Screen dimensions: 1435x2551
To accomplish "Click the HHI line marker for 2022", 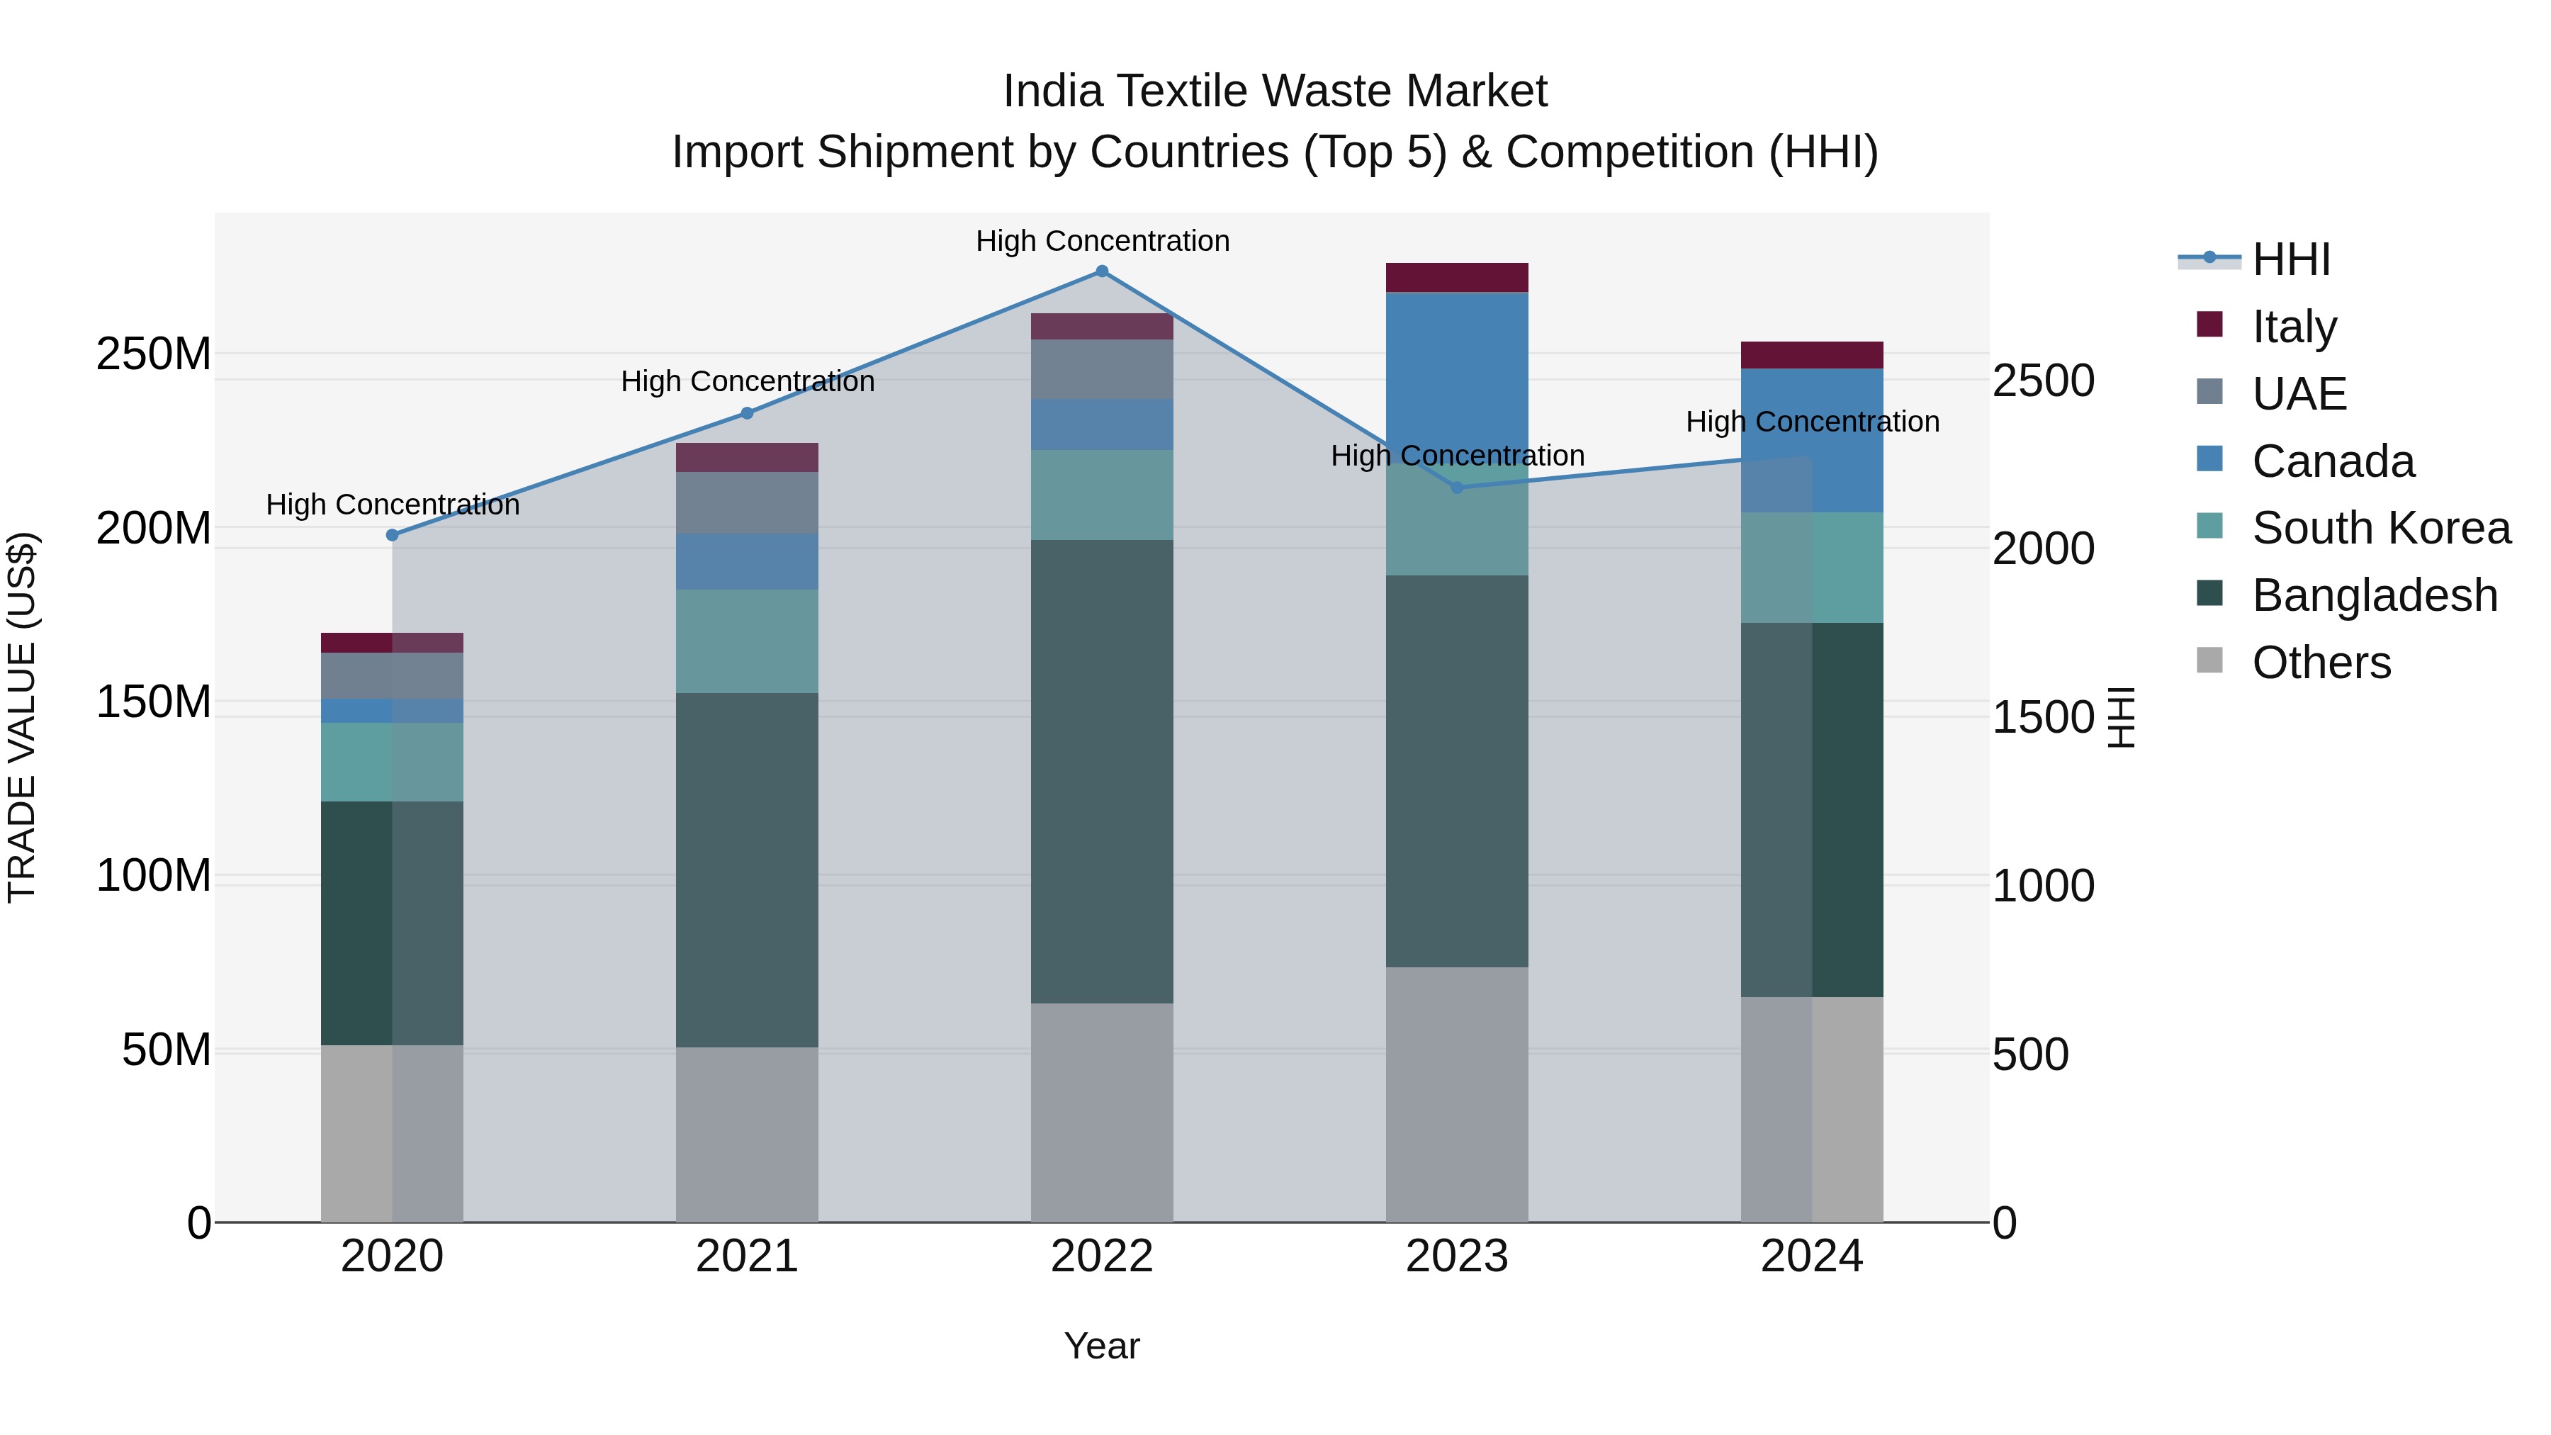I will click(1101, 271).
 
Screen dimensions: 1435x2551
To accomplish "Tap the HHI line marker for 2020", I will click(392, 535).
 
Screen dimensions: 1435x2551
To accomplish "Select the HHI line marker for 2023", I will click(1457, 488).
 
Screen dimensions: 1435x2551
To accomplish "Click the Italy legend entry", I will click(2294, 327).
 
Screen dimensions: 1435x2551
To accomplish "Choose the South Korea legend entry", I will click(2381, 528).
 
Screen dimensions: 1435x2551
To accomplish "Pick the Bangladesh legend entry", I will click(2374, 595).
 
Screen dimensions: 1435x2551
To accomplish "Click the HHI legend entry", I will click(2290, 259).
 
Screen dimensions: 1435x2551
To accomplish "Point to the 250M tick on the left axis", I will click(154, 354).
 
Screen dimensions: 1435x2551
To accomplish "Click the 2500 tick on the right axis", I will click(2043, 381).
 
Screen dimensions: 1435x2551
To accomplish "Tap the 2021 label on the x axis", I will click(747, 1256).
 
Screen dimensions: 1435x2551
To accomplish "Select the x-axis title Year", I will click(1101, 1346).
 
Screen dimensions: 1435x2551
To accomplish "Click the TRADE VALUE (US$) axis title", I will click(22, 717).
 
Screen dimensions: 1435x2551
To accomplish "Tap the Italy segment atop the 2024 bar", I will click(1811, 354).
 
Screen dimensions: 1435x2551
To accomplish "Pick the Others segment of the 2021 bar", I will click(747, 1134).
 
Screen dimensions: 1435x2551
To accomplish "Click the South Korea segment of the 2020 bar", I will click(392, 762).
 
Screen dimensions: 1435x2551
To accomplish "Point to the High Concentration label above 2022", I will click(1101, 241).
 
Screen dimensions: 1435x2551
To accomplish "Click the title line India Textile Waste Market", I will click(1275, 91).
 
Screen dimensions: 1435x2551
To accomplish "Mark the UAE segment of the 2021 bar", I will click(747, 502).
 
